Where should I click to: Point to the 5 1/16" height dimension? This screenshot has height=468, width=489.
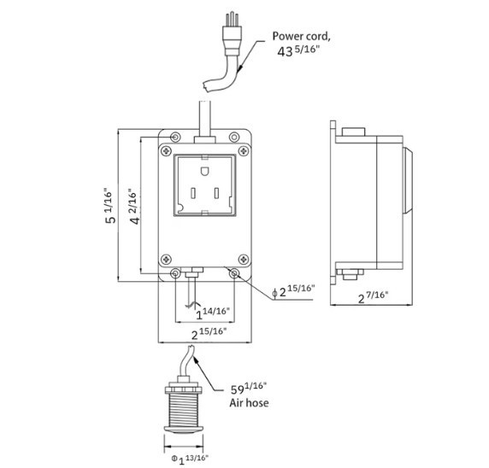[109, 207]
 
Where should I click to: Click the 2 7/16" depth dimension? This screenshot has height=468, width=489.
[373, 296]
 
